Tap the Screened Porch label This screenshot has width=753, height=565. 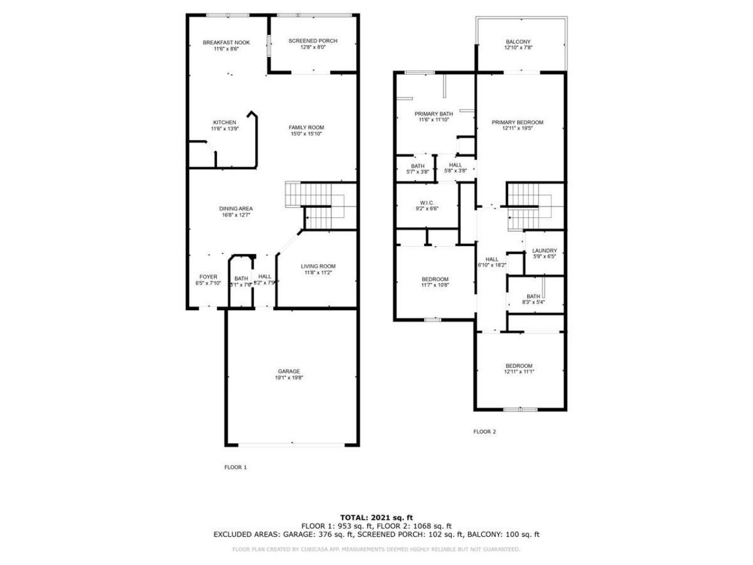pyautogui.click(x=313, y=41)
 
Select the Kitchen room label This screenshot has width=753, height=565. pyautogui.click(x=225, y=122)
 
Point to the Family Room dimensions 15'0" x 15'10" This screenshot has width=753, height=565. pyautogui.click(x=306, y=134)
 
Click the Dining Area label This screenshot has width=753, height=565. pyautogui.click(x=236, y=208)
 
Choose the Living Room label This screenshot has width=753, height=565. pyautogui.click(x=318, y=266)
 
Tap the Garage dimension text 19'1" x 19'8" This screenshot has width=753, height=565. pyautogui.click(x=289, y=378)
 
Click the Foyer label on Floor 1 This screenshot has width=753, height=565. pyautogui.click(x=208, y=277)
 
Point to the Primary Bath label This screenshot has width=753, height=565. pyautogui.click(x=434, y=114)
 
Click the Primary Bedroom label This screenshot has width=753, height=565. pyautogui.click(x=518, y=122)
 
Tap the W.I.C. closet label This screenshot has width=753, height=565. pyautogui.click(x=427, y=202)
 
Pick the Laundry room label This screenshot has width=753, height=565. pyautogui.click(x=544, y=251)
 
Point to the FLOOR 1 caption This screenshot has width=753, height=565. pyautogui.click(x=236, y=467)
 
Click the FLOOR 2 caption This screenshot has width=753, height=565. pyautogui.click(x=485, y=431)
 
